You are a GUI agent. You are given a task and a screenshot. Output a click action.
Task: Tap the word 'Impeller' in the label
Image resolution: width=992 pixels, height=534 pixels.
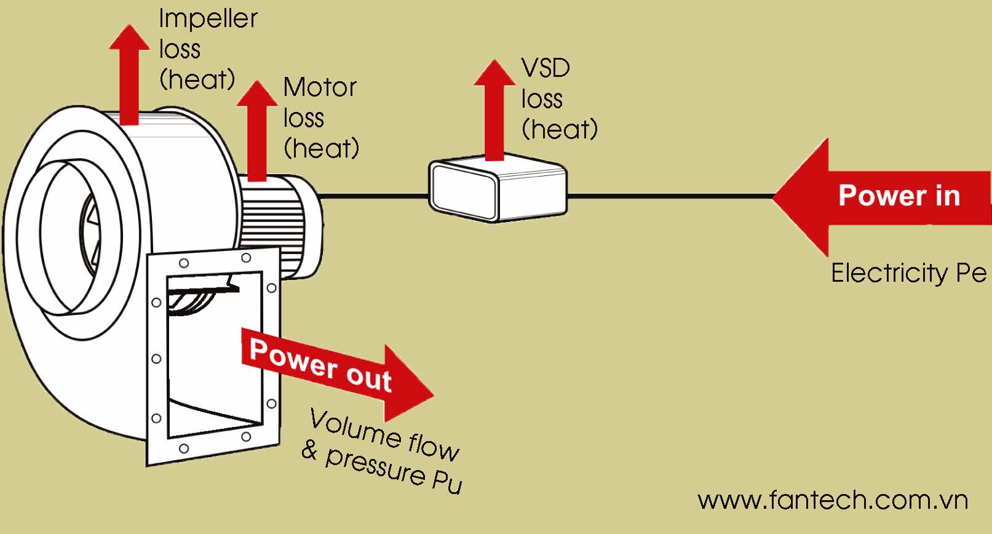[x=208, y=18]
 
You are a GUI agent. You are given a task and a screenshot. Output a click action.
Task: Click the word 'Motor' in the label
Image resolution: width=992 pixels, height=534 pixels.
[x=320, y=87]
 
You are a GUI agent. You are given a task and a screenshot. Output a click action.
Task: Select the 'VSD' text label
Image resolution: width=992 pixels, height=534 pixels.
[x=546, y=68]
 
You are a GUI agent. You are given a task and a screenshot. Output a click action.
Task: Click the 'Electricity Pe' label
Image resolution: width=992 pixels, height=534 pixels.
[x=908, y=273]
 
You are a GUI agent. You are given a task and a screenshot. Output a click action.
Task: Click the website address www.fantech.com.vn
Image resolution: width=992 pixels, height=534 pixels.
[x=833, y=500]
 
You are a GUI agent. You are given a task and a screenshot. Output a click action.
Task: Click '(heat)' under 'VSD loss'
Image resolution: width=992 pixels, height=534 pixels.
[x=559, y=129]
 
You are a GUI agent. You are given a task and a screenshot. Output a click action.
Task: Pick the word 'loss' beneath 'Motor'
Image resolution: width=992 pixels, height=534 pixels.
[x=303, y=118]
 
